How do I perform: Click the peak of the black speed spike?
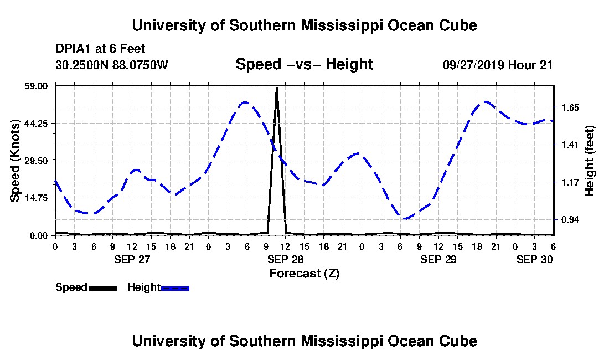click(277, 88)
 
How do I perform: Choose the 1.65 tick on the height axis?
click(569, 108)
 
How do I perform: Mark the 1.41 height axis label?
click(569, 145)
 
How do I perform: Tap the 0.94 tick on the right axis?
click(569, 220)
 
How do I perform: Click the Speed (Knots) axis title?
click(15, 161)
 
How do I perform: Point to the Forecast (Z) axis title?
click(304, 273)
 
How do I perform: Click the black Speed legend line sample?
click(103, 288)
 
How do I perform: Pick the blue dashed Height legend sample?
click(175, 288)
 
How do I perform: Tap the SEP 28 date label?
click(285, 259)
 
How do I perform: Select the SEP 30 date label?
click(534, 259)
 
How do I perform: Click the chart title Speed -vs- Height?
click(304, 65)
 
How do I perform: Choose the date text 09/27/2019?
click(472, 65)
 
